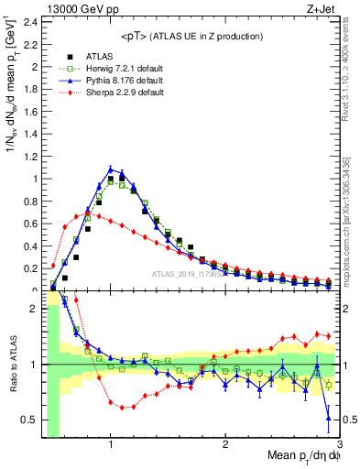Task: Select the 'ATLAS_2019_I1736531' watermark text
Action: pyautogui.click(x=192, y=275)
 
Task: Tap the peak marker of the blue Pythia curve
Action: pyautogui.click(x=111, y=169)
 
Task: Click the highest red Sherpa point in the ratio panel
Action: pyautogui.click(x=75, y=299)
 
